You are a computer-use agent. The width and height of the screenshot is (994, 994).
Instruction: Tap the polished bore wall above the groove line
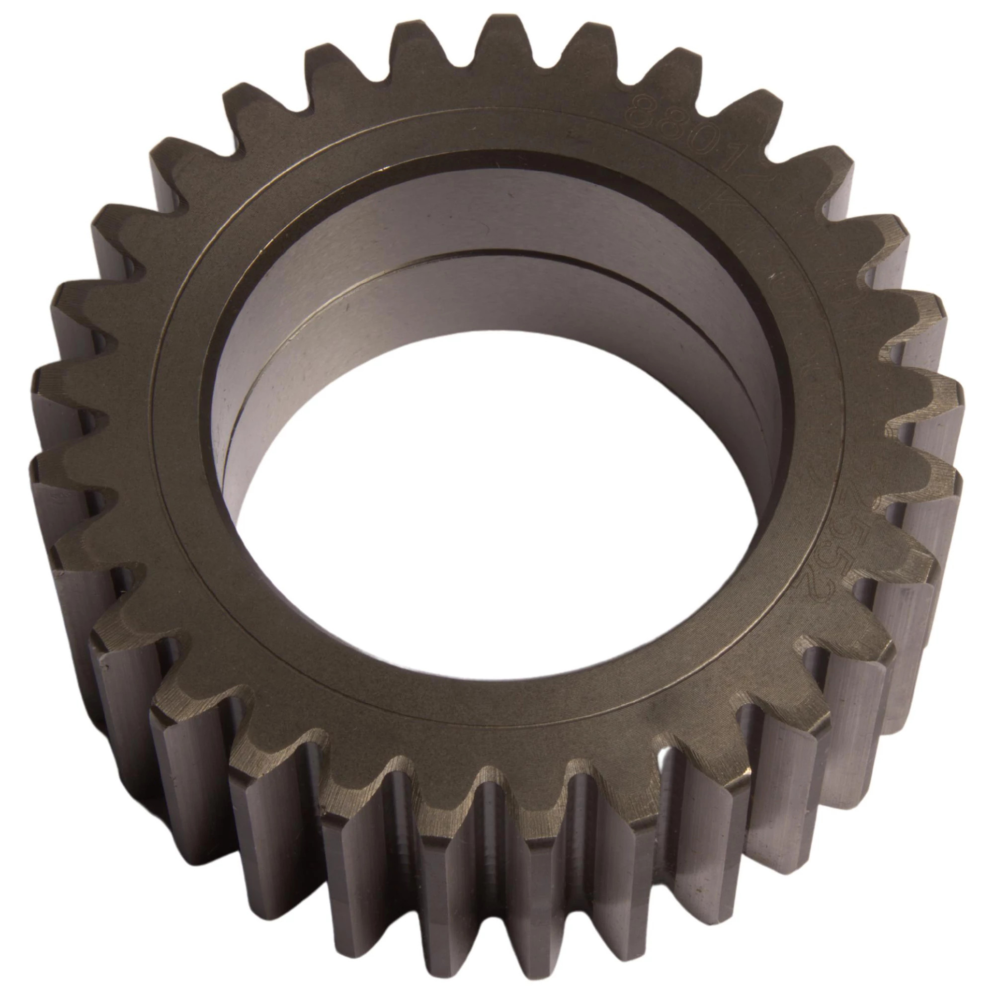click(463, 206)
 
